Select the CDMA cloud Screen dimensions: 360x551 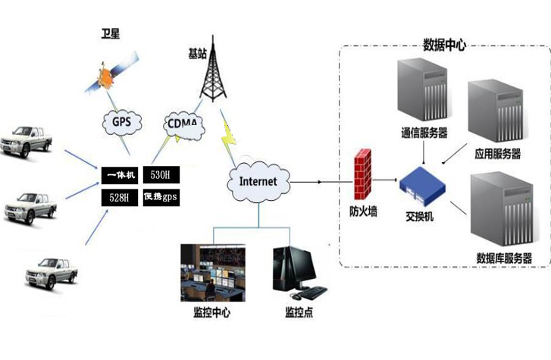coord(183,124)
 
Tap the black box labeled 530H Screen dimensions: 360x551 coord(161,176)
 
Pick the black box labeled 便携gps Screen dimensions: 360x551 coord(161,199)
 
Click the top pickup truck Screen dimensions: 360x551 coord(30,140)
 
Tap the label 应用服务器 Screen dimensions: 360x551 coord(497,154)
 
